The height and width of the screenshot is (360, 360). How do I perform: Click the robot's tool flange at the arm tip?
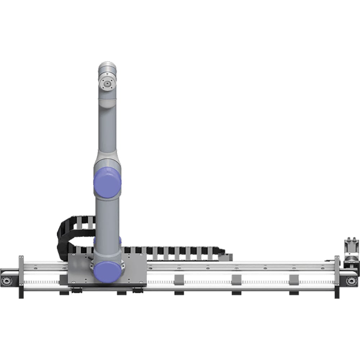107,84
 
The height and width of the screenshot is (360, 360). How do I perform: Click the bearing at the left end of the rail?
7,281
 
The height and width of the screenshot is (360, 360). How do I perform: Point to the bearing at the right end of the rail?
351,281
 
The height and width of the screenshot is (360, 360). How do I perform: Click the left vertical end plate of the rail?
21,275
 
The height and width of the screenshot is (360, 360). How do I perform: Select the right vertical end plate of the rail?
337,275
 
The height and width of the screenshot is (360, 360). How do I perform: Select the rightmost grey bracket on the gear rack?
294,279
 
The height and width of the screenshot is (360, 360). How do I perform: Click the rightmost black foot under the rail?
294,292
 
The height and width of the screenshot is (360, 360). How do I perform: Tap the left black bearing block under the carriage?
76,289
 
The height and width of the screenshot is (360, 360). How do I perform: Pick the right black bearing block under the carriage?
137,289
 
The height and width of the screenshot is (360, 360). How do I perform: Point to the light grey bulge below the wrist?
108,103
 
